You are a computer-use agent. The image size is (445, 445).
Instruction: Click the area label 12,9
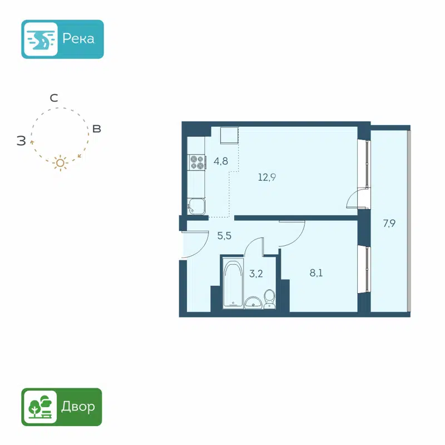tap(267, 178)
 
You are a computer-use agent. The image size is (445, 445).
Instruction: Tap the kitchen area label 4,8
tap(221, 162)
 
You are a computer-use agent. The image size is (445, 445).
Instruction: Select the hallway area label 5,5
tap(224, 235)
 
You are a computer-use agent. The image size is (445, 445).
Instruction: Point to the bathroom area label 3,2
tap(256, 273)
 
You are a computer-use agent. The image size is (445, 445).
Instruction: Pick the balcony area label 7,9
tap(389, 224)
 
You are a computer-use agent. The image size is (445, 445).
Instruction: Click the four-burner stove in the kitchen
tap(196, 162)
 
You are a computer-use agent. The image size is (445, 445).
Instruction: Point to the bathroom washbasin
tap(254, 302)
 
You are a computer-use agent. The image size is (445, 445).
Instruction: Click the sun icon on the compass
tap(60, 162)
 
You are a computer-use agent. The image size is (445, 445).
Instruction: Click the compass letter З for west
tap(21, 141)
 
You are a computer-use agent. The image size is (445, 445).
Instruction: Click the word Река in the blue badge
tap(78, 39)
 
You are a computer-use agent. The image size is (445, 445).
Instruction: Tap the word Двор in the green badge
tap(78, 407)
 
